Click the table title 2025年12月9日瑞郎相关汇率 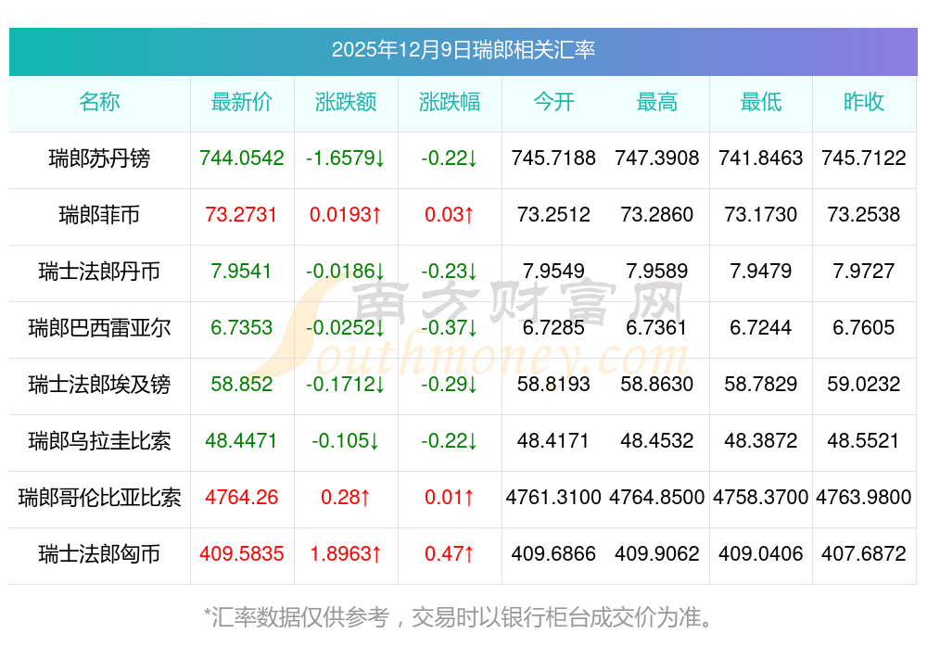coord(463,50)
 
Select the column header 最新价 coord(242,103)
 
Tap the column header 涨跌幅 coord(450,103)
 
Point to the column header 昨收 coord(864,103)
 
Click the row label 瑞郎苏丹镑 coord(99,158)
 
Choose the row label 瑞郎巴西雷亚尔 coord(99,328)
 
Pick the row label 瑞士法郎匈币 coord(99,554)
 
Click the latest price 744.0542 coord(242,158)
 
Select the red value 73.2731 coord(242,215)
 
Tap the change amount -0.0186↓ coord(346,272)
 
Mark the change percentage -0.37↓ coord(450,328)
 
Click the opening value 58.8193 coord(553,385)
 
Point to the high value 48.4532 coord(657,441)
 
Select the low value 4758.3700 coord(760,498)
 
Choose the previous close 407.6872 coord(864,554)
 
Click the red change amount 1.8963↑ coord(346,554)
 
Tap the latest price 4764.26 coord(242,498)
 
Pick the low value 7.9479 coord(760,272)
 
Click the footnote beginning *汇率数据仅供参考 coord(463,616)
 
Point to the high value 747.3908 coord(657,158)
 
